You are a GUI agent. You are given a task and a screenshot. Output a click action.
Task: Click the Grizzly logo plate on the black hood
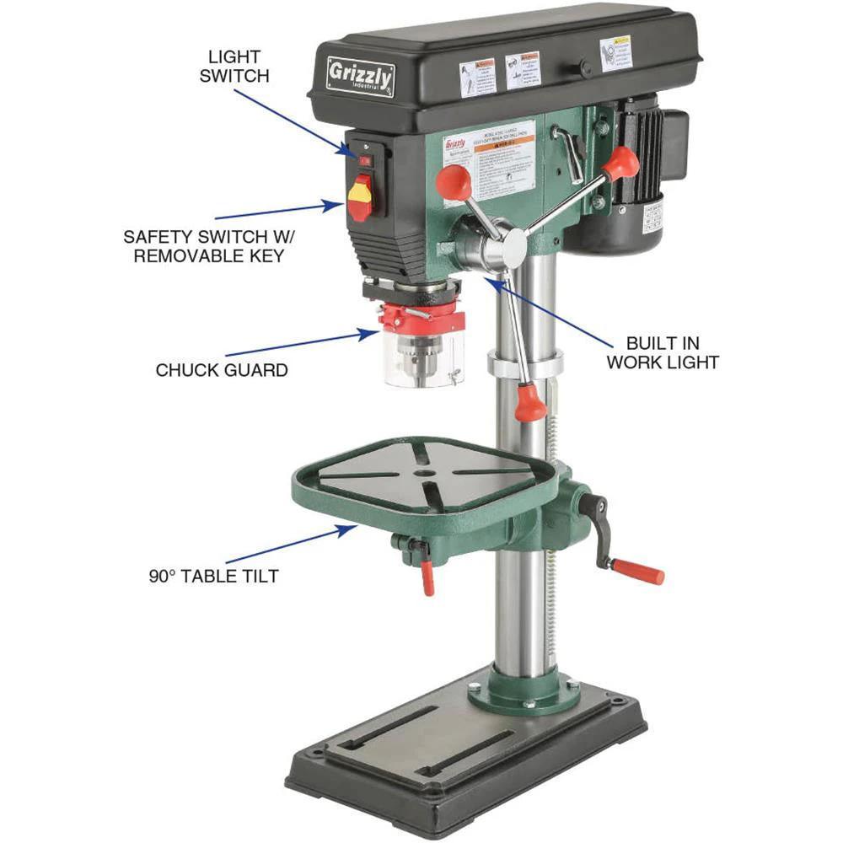360,76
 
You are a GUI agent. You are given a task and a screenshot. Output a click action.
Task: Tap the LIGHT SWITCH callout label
239,66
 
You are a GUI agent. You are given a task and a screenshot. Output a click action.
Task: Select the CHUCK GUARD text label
222,370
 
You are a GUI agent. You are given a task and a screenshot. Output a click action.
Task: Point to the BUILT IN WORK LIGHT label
672,352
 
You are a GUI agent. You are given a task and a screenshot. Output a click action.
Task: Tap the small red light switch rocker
365,158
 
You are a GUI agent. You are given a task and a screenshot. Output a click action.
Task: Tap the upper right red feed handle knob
621,163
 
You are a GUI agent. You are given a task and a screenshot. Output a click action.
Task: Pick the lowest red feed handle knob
531,404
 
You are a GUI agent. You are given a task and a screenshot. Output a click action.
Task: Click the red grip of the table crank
638,571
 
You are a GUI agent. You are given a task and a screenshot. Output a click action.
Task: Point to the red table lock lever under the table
427,577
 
